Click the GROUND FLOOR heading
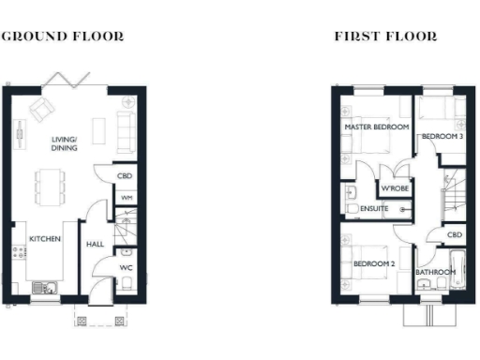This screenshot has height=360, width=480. (61, 37)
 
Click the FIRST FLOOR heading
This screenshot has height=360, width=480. (385, 37)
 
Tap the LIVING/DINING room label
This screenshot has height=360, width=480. (65, 143)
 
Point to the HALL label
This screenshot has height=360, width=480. (96, 244)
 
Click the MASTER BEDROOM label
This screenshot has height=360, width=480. (376, 127)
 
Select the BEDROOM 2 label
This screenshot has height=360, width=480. (372, 264)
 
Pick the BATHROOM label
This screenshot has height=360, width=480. (435, 273)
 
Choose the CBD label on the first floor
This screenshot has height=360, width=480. (454, 235)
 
